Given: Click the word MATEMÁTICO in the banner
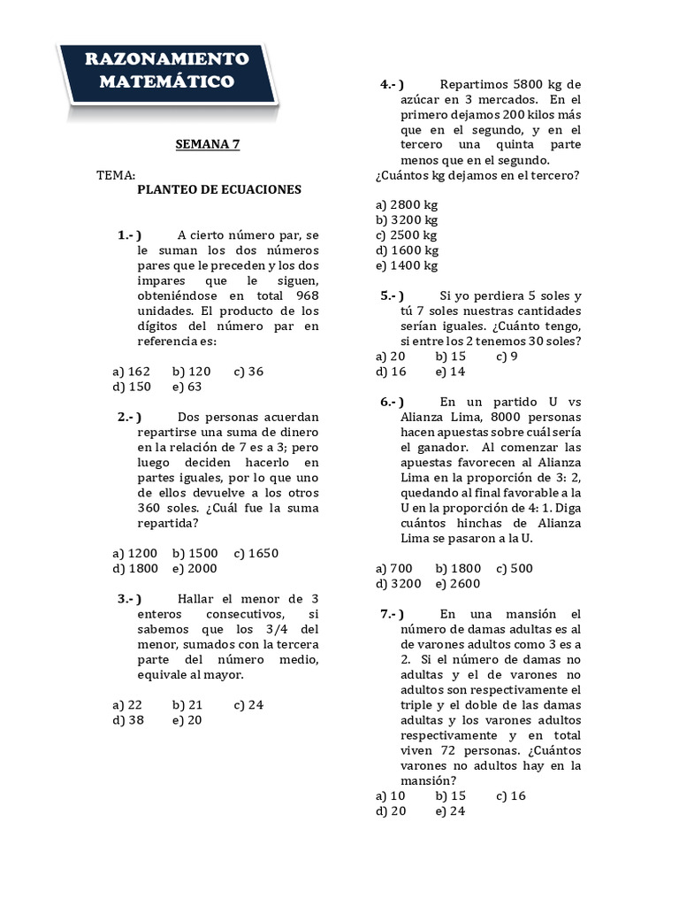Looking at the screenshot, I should (x=166, y=82).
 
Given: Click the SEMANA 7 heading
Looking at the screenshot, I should (x=208, y=144).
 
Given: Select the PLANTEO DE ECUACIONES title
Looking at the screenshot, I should (x=219, y=189).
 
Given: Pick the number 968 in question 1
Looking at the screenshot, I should (x=303, y=296).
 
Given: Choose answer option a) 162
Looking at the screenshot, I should (x=132, y=372).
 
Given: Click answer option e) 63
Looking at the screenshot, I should (x=187, y=387).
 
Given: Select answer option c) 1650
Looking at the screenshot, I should (x=256, y=554).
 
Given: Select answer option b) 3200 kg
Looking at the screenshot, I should (x=407, y=219).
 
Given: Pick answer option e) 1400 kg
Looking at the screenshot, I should (x=407, y=265).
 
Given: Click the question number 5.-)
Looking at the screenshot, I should (x=393, y=296).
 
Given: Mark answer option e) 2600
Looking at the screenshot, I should (x=458, y=584).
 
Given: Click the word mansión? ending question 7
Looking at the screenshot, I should (x=429, y=780).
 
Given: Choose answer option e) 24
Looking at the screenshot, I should (x=450, y=810).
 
